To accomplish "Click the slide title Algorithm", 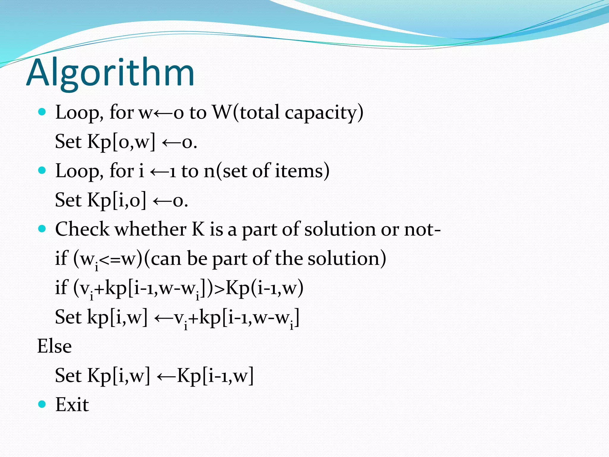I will [x=110, y=73].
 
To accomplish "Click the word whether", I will [x=151, y=229].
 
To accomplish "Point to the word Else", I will [x=54, y=346].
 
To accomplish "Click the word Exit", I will [x=72, y=405].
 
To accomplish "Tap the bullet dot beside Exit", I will [x=42, y=404].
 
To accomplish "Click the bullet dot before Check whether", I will [x=42, y=229].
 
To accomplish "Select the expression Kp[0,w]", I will [x=121, y=142].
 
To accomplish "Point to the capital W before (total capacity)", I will [x=222, y=112].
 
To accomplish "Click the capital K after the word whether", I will [x=198, y=229].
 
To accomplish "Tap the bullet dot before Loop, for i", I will [x=42, y=170].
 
